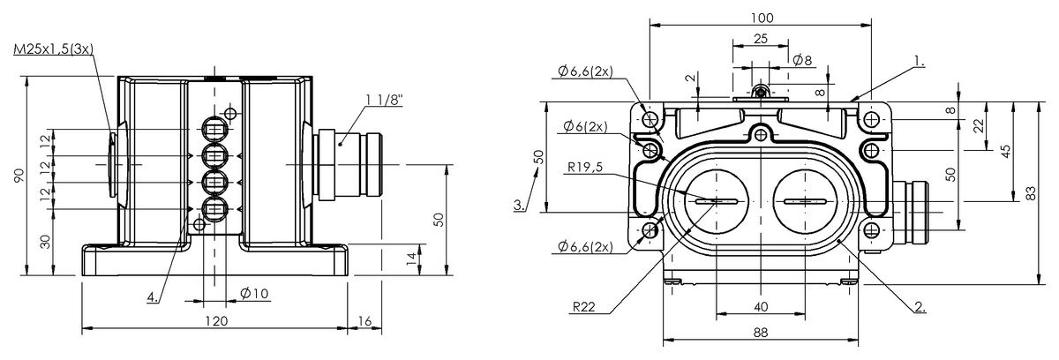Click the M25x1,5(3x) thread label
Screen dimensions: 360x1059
53,51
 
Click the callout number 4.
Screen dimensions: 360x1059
154,297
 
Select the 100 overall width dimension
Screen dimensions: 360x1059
762,18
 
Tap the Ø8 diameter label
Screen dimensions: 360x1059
802,61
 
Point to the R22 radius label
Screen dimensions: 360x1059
582,309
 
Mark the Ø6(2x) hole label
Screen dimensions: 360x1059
583,125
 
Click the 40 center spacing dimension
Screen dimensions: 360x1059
761,306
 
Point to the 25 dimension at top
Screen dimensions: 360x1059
761,39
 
